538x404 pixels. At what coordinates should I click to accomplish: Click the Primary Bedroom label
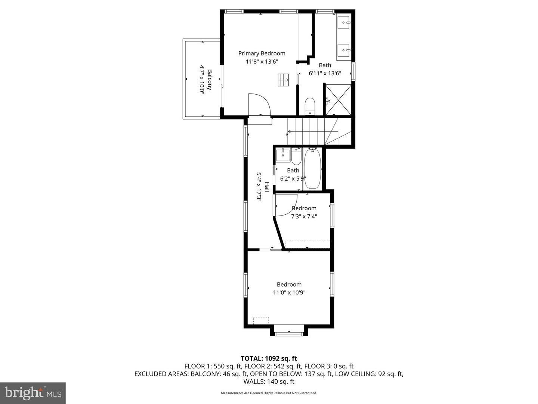pos(262,53)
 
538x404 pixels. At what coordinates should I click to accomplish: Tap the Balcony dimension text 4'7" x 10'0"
pos(202,79)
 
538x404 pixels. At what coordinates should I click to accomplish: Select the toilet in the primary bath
pos(310,106)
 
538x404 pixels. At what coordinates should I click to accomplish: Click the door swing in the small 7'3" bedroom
pos(286,205)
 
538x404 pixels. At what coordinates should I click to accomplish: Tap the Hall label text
pos(267,187)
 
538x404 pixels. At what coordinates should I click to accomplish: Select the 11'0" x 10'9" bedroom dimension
pos(289,293)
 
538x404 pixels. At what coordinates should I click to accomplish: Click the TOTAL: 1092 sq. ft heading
pos(269,358)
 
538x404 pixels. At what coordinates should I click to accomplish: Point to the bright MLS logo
pos(33,393)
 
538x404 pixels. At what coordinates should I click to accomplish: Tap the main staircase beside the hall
pos(319,131)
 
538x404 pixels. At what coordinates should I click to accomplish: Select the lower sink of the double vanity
pos(344,50)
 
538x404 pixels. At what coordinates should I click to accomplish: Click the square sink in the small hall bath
pos(283,155)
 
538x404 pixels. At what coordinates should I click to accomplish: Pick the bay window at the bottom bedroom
pos(289,333)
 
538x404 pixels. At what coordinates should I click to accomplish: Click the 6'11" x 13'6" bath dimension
pos(325,73)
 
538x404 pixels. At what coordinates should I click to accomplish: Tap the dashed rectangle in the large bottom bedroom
pos(261,320)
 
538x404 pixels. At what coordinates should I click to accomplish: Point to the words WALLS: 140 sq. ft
pos(269,382)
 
